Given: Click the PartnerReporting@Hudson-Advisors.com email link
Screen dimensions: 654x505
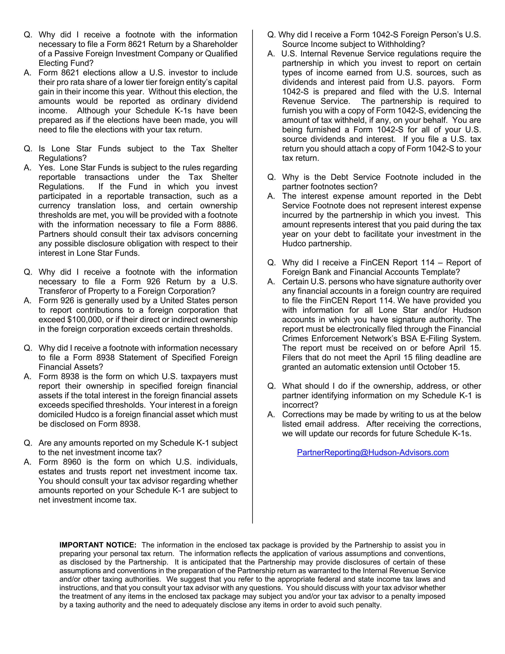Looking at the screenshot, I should [x=373, y=452].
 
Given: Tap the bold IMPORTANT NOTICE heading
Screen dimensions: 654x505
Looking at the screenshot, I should [x=98, y=545].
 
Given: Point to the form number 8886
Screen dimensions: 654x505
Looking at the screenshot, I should [x=227, y=225].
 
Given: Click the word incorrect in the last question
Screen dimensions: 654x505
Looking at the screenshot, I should [x=300, y=405].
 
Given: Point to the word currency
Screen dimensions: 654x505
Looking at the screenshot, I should [x=54, y=206].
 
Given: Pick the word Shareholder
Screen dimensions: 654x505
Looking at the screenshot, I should [x=215, y=44].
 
